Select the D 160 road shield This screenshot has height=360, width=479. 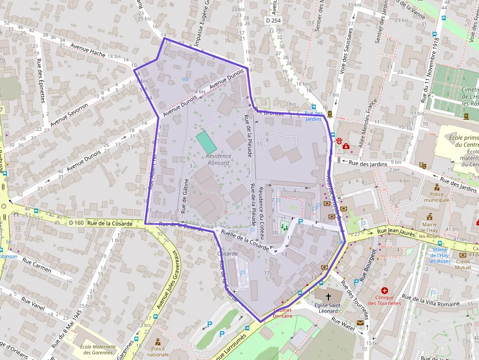tap(76, 223)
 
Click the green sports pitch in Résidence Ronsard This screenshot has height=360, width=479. tap(206, 142)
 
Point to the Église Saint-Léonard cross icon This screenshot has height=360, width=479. tap(328, 296)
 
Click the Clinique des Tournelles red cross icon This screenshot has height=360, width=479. tap(384, 290)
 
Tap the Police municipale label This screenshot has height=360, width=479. tap(437, 197)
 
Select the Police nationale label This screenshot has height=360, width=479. tap(158, 352)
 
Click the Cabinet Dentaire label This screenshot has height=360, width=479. tap(283, 313)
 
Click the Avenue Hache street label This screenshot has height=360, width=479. tap(88, 50)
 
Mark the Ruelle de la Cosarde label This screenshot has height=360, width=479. tap(244, 240)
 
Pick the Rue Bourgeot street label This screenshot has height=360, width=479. tap(368, 265)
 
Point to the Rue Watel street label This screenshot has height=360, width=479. tap(343, 324)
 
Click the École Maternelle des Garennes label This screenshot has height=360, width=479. tap(98, 349)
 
